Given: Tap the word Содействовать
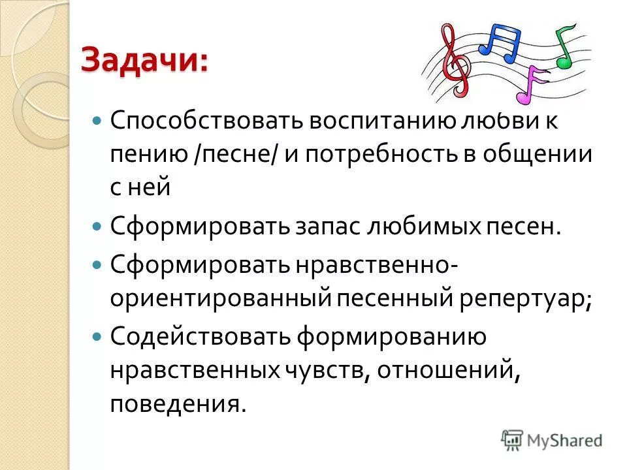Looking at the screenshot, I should (x=199, y=336).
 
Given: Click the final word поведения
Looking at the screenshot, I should (x=178, y=404).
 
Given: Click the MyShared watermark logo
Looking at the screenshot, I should (x=552, y=440).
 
